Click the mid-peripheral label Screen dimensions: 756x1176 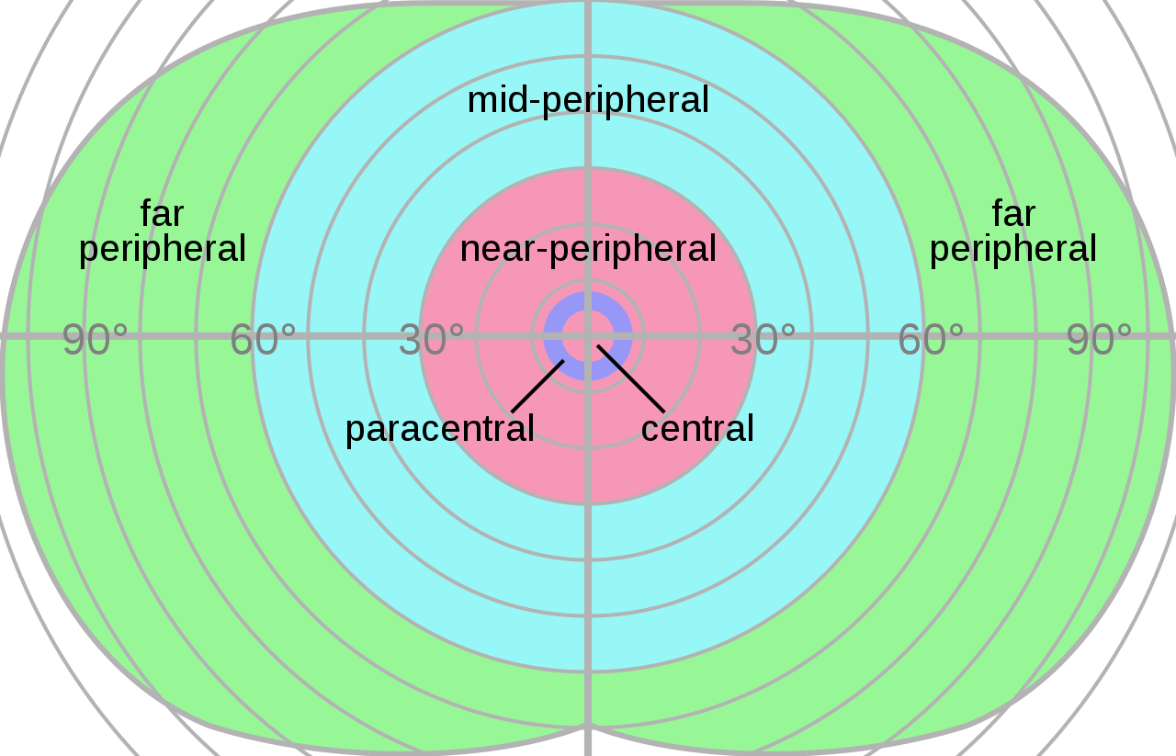coord(588,100)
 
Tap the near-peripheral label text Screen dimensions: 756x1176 coord(588,249)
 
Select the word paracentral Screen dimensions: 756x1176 coord(439,429)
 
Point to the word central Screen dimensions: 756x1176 coord(697,429)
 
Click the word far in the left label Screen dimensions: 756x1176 coord(162,214)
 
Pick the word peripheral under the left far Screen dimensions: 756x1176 coord(162,249)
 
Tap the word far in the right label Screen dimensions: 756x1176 coord(1013,214)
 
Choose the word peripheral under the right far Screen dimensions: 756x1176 coord(1013,249)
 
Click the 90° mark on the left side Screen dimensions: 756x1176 coord(95,341)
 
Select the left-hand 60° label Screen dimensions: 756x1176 coord(263,341)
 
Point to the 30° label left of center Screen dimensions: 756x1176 coord(431,341)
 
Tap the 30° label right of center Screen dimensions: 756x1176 coord(763,341)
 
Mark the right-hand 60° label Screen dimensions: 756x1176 coord(931,341)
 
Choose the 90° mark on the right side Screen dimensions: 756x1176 coord(1099,341)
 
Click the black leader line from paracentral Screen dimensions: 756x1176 coord(537,387)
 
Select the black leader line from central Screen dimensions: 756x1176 coord(631,378)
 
